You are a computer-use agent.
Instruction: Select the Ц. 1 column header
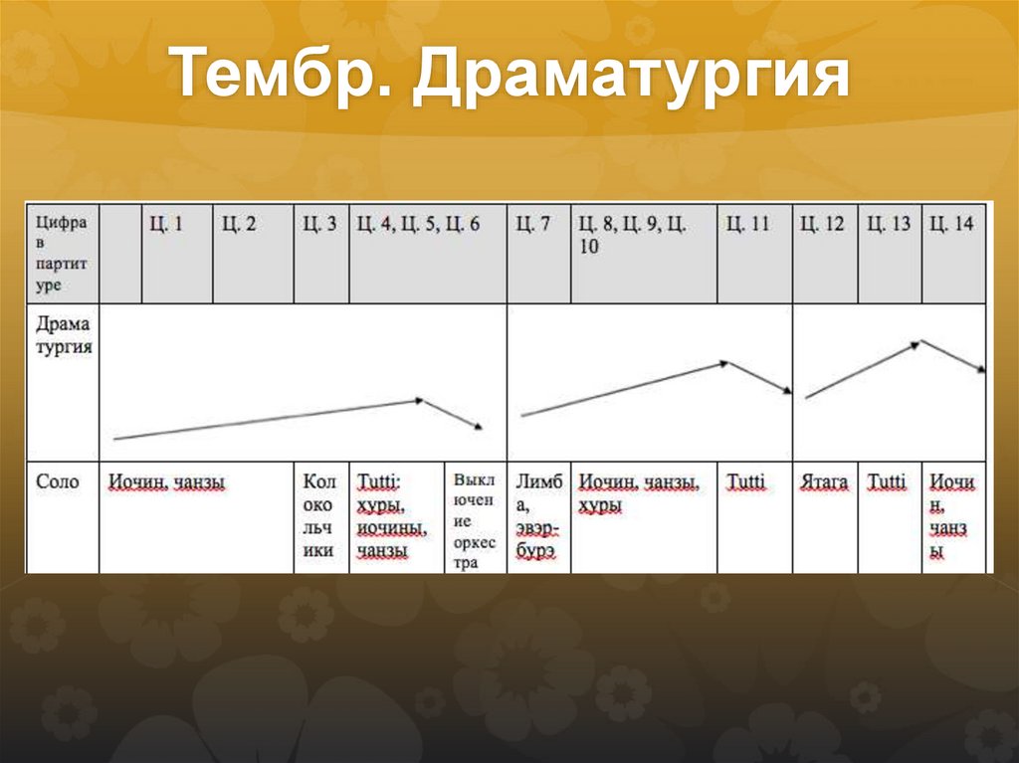point(166,225)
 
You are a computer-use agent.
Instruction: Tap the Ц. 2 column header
point(239,225)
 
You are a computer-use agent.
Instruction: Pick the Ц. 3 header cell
point(319,225)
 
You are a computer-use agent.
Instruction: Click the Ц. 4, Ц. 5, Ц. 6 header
point(418,225)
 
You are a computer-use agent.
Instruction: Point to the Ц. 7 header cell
point(533,225)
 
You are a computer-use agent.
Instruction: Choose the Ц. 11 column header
point(747,225)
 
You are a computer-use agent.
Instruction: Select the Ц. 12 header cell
point(822,225)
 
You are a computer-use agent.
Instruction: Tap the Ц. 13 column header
point(889,225)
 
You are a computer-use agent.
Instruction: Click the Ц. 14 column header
point(951,225)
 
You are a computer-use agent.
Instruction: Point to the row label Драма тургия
point(63,336)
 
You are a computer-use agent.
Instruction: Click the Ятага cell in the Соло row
point(824,483)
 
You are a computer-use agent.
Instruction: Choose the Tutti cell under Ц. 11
point(746,483)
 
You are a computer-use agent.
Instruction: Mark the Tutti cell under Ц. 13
point(887,483)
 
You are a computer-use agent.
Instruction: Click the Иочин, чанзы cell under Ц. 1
point(166,483)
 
